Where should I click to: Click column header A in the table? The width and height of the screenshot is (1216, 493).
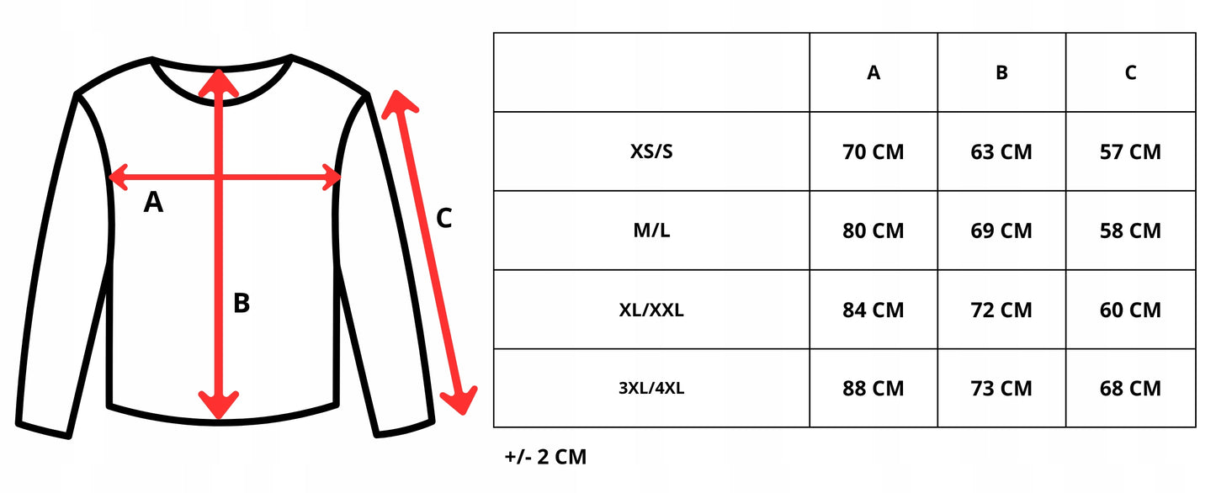point(874,73)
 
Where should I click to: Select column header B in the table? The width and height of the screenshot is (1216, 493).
point(1001,73)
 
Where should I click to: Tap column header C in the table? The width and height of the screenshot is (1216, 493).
point(1130,73)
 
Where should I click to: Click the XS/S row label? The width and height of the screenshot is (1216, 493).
point(651,152)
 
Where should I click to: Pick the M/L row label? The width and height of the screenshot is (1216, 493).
point(651,231)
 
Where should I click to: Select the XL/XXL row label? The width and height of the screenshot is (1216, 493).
point(651,310)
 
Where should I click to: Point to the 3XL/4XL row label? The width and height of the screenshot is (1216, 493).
point(651,389)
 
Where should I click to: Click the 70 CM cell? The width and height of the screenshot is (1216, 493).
point(874,152)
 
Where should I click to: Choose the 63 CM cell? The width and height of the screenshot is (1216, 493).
point(1001,152)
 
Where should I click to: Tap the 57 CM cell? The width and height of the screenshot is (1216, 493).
point(1130,152)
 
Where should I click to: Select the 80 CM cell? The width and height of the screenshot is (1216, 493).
point(874,231)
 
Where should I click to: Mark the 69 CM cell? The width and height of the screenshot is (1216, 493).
point(1001,231)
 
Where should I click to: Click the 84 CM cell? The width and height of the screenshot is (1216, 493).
point(874,310)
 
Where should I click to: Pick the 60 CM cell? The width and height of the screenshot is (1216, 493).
point(1130,310)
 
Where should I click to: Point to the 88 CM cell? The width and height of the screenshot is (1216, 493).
point(874,389)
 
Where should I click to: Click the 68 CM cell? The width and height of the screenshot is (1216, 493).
point(1130,389)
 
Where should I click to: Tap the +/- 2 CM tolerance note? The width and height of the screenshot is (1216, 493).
point(545,458)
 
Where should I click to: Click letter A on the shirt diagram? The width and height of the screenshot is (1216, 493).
point(153,202)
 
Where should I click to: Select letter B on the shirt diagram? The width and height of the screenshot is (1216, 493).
point(242,303)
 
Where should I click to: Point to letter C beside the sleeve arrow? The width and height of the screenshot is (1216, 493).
point(444,219)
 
